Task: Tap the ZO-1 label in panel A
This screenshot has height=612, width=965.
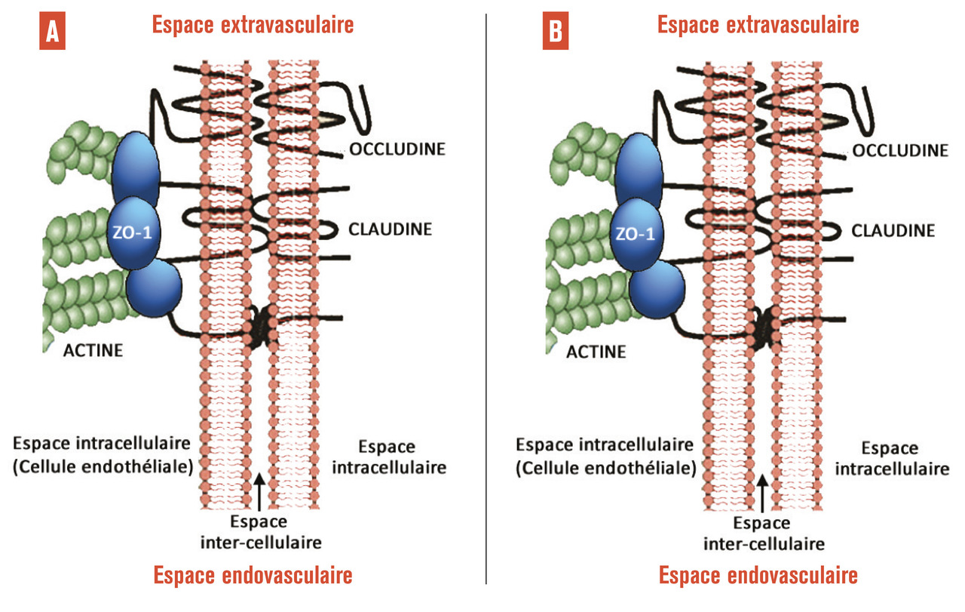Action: coord(136,232)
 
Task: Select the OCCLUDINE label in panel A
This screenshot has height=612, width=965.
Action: coord(397,149)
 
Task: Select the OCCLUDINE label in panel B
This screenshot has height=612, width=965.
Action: coord(900,149)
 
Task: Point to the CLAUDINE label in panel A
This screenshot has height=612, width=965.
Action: coord(389,229)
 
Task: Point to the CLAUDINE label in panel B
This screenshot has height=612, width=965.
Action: coord(893,229)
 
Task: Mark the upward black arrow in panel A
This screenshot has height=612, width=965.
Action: coord(259,491)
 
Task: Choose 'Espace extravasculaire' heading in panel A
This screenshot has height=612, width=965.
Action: coord(253,25)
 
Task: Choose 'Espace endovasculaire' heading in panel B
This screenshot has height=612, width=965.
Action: coord(758,576)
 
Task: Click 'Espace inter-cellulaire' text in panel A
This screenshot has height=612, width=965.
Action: coord(259,532)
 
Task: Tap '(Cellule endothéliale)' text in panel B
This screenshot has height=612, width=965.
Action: coord(605,468)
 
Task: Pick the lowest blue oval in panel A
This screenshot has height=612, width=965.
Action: coord(154,288)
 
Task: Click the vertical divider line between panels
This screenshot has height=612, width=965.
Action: coord(486,302)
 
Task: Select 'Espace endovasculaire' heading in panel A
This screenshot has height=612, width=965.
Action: coord(253,576)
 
